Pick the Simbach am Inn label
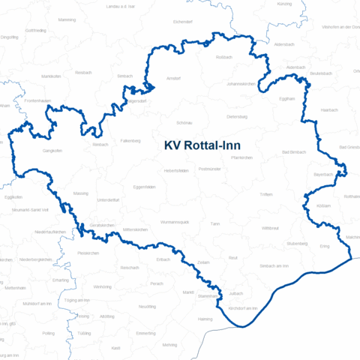(x=274, y=265)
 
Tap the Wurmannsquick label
(x=178, y=223)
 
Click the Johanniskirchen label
(x=241, y=84)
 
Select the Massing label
(x=80, y=193)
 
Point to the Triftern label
(x=265, y=194)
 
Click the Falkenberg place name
(x=130, y=141)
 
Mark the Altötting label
(x=107, y=316)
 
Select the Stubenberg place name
(x=297, y=244)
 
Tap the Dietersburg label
(x=237, y=116)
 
